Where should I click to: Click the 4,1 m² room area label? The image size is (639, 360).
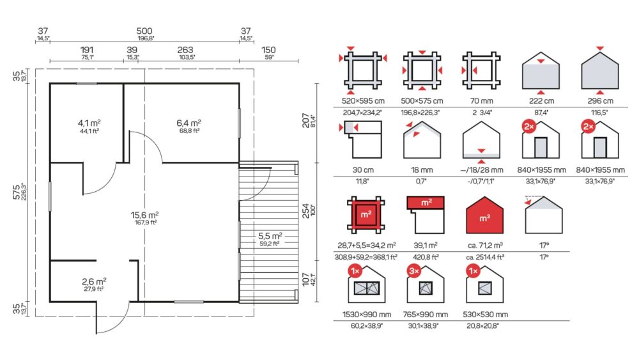pyautogui.click(x=89, y=123)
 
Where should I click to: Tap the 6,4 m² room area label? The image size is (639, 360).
pyautogui.click(x=189, y=123)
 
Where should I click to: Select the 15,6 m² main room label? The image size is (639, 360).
pyautogui.click(x=144, y=215)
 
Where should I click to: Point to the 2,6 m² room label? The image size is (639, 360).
pyautogui.click(x=94, y=282)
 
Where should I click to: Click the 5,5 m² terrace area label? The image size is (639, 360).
pyautogui.click(x=270, y=237)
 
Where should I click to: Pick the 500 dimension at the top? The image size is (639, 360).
pyautogui.click(x=144, y=31)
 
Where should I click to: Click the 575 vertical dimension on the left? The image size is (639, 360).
pyautogui.click(x=17, y=192)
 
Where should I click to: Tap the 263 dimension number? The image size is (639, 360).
pyautogui.click(x=185, y=50)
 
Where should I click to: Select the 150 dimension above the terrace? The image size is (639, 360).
pyautogui.click(x=268, y=50)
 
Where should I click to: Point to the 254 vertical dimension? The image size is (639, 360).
pyautogui.click(x=305, y=210)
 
